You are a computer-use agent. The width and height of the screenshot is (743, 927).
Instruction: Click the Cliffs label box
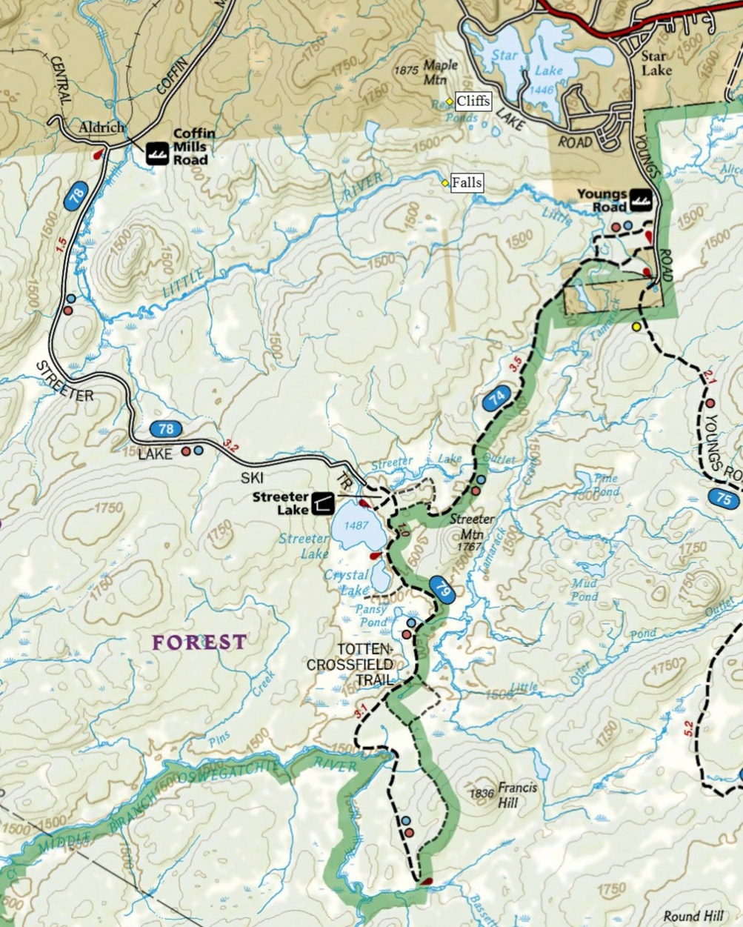(473, 101)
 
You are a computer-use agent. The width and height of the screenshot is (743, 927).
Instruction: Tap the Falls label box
(466, 182)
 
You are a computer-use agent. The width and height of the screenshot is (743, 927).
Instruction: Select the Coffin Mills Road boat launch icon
(156, 153)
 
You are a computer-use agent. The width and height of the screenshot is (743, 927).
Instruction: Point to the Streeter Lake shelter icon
(322, 503)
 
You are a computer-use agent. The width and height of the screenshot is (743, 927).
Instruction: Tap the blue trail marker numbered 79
(442, 590)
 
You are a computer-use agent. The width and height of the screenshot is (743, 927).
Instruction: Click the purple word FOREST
(199, 642)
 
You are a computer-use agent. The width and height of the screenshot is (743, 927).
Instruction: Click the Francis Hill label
(516, 794)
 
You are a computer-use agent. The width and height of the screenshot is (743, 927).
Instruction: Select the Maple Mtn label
(440, 71)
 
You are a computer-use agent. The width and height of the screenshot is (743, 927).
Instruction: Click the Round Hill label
(692, 916)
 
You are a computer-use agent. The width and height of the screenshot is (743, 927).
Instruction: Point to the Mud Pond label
(584, 590)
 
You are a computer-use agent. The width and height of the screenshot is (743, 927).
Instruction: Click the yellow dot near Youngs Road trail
(636, 326)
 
